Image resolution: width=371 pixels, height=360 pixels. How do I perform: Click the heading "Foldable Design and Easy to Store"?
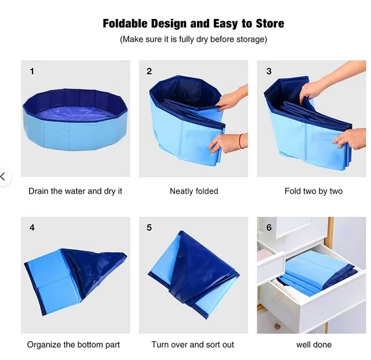[x=193, y=24]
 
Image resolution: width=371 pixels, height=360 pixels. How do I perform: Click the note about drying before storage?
[x=193, y=40]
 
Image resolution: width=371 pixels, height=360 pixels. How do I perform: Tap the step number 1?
[x=32, y=71]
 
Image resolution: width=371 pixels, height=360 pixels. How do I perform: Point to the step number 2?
[x=149, y=71]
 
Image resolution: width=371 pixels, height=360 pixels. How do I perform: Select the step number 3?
[x=269, y=71]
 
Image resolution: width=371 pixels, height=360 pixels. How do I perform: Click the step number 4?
[x=32, y=227]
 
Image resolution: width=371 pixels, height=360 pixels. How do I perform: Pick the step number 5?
[x=149, y=227]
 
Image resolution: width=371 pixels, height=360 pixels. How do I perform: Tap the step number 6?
[x=269, y=227]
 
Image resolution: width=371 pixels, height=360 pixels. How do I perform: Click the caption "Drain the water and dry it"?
[x=76, y=191]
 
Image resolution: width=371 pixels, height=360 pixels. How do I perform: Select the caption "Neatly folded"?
[x=194, y=191]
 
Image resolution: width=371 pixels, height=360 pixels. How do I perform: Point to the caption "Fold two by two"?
[x=313, y=191]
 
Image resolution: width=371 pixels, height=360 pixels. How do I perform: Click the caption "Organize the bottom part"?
[x=73, y=344]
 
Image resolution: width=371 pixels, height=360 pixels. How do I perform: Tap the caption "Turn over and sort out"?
[x=193, y=344]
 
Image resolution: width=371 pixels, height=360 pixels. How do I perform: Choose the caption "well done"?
[x=314, y=344]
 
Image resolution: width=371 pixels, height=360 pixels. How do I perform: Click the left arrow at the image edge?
[x=3, y=176]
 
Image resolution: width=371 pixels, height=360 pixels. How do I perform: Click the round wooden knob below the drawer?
[x=277, y=326]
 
